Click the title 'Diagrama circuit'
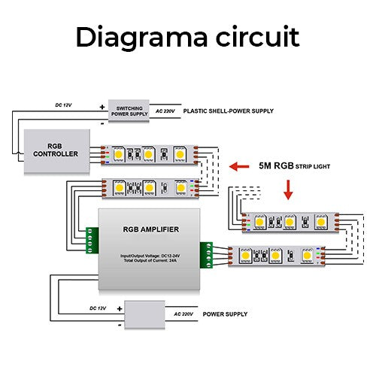[x=187, y=37]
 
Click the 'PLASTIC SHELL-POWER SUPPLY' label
[x=229, y=111]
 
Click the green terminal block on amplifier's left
[x=93, y=241]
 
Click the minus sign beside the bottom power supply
[x=119, y=324]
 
